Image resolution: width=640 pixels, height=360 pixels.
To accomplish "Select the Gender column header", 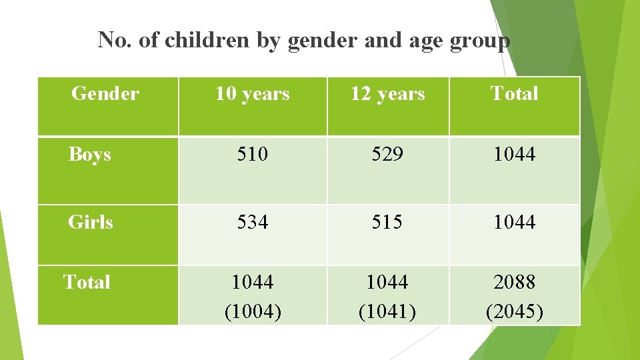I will point(105,94).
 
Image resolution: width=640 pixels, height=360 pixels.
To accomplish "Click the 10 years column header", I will point(253,94).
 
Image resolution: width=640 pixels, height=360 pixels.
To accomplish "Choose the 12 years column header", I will point(387,94).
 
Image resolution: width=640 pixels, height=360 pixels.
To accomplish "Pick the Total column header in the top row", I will point(514,94).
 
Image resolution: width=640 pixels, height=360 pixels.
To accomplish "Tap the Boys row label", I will point(90,155).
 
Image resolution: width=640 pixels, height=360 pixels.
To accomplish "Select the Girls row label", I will point(91,221).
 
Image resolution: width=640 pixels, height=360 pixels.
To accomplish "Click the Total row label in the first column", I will point(87,282).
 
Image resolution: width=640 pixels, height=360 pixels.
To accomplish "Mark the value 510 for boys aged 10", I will point(253,155).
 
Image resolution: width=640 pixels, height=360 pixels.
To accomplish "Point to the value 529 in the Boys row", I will point(387,155).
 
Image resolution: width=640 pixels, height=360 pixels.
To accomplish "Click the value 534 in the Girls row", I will point(253,221).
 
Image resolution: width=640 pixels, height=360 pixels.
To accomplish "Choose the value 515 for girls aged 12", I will point(387,221).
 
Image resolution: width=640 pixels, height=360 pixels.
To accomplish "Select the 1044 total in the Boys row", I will point(514,155).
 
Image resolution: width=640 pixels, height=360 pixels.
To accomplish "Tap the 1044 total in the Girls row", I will point(514,221).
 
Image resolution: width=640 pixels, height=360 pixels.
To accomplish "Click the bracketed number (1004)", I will point(253,311).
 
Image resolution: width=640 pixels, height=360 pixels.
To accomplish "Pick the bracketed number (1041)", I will point(387,311).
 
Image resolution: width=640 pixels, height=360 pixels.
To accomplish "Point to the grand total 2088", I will point(514,282).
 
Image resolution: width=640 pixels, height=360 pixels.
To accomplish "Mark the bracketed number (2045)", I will point(514,311).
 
